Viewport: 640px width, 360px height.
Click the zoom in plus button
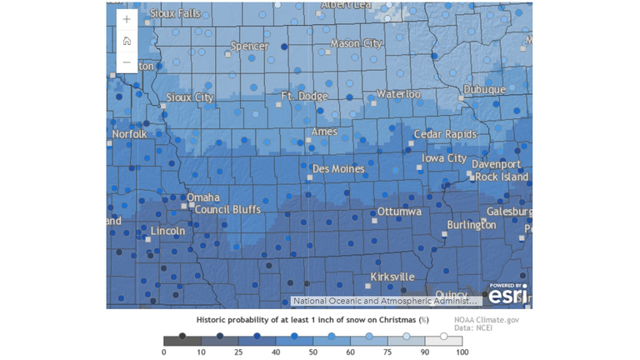126,18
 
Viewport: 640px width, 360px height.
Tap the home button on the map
126,40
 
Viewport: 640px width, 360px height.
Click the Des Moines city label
337,169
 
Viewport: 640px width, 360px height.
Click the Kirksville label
392,276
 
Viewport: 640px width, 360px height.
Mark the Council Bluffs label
227,209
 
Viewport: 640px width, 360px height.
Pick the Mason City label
357,42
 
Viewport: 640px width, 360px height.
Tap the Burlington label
471,225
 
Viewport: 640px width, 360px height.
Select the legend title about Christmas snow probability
312,320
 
